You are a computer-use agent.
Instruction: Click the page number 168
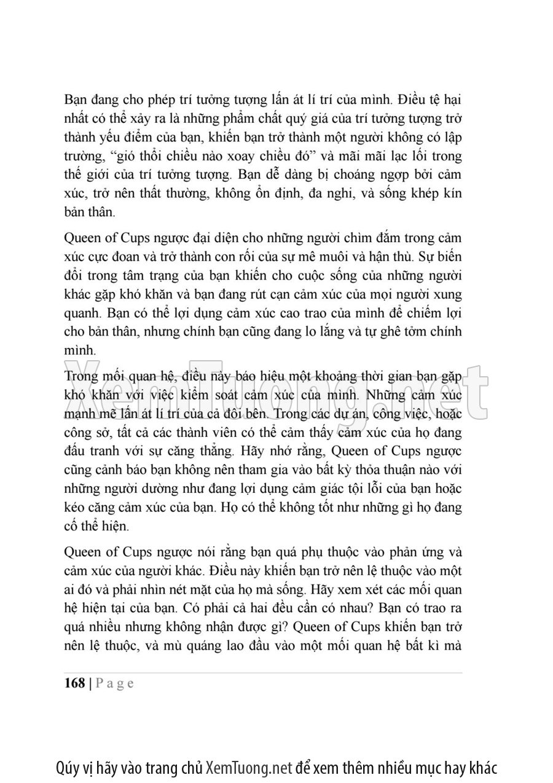coord(74,684)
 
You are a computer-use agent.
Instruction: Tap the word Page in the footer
coord(114,684)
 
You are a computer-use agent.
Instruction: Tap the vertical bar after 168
coord(90,684)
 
